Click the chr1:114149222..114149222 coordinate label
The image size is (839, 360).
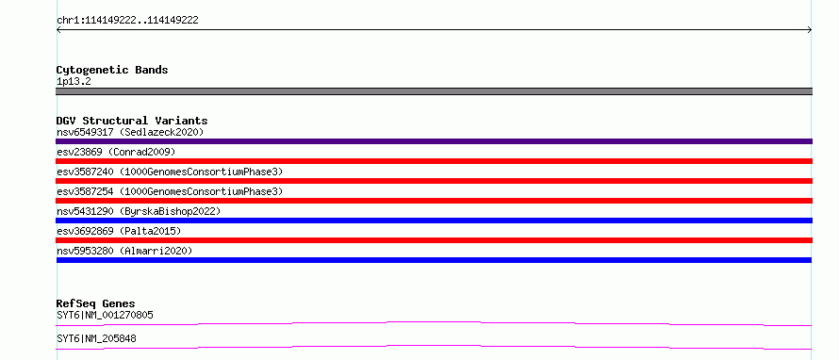tap(127, 21)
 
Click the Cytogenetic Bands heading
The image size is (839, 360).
tap(112, 70)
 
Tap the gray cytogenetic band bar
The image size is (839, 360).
tap(434, 91)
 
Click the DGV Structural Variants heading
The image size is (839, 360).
tap(132, 121)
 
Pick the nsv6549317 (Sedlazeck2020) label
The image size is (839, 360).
tap(130, 132)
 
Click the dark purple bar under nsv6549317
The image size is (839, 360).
tap(434, 141)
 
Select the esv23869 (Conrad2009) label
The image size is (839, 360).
tap(116, 152)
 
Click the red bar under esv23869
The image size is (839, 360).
tap(434, 161)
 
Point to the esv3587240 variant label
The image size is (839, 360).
tap(170, 172)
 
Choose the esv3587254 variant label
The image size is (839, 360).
tap(170, 191)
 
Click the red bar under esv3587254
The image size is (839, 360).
tap(434, 201)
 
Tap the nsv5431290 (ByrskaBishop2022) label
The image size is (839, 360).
tap(138, 211)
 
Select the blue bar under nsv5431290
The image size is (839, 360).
tap(434, 221)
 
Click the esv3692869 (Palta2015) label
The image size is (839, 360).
tap(119, 231)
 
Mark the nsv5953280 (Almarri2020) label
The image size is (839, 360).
tap(124, 251)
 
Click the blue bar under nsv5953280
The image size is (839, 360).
tap(434, 260)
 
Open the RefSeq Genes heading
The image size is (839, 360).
tap(96, 304)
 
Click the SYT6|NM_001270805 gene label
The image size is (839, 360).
tap(105, 315)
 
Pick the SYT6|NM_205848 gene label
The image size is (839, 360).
tap(96, 338)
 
